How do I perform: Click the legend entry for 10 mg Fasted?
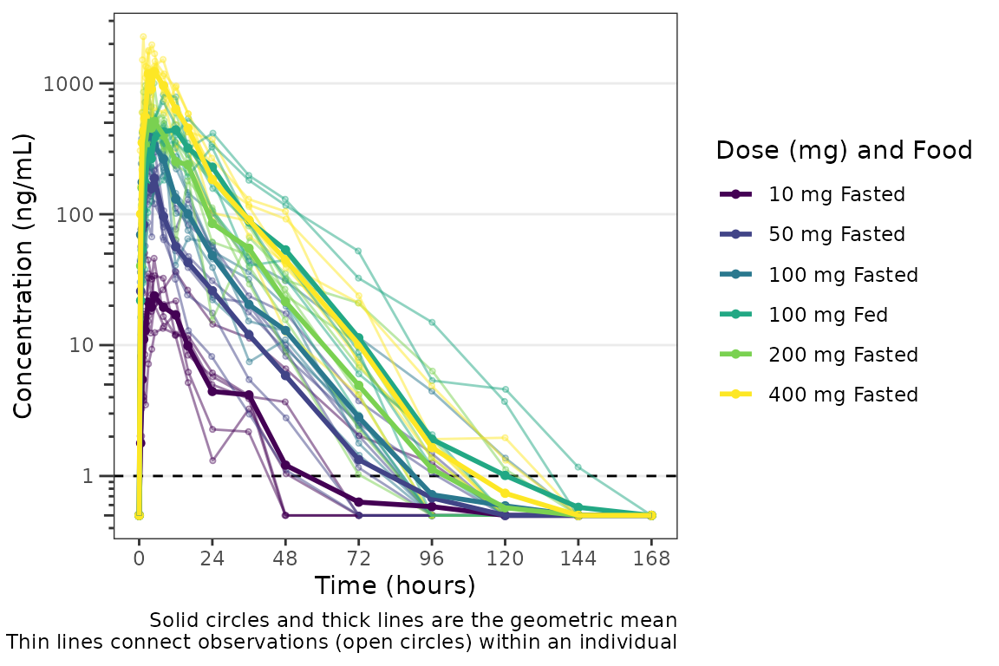(x=836, y=194)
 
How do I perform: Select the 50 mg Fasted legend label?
(x=836, y=234)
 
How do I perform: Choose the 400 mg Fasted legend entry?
(x=842, y=395)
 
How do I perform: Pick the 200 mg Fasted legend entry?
(x=842, y=355)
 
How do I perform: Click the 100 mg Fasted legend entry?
(x=842, y=275)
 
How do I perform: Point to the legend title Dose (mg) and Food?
(x=844, y=151)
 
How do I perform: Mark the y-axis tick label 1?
(x=99, y=476)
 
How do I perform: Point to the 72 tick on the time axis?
(x=359, y=559)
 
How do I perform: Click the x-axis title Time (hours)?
(x=395, y=586)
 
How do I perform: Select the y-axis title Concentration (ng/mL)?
(x=23, y=276)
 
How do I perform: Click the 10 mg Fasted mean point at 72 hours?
(x=359, y=502)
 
